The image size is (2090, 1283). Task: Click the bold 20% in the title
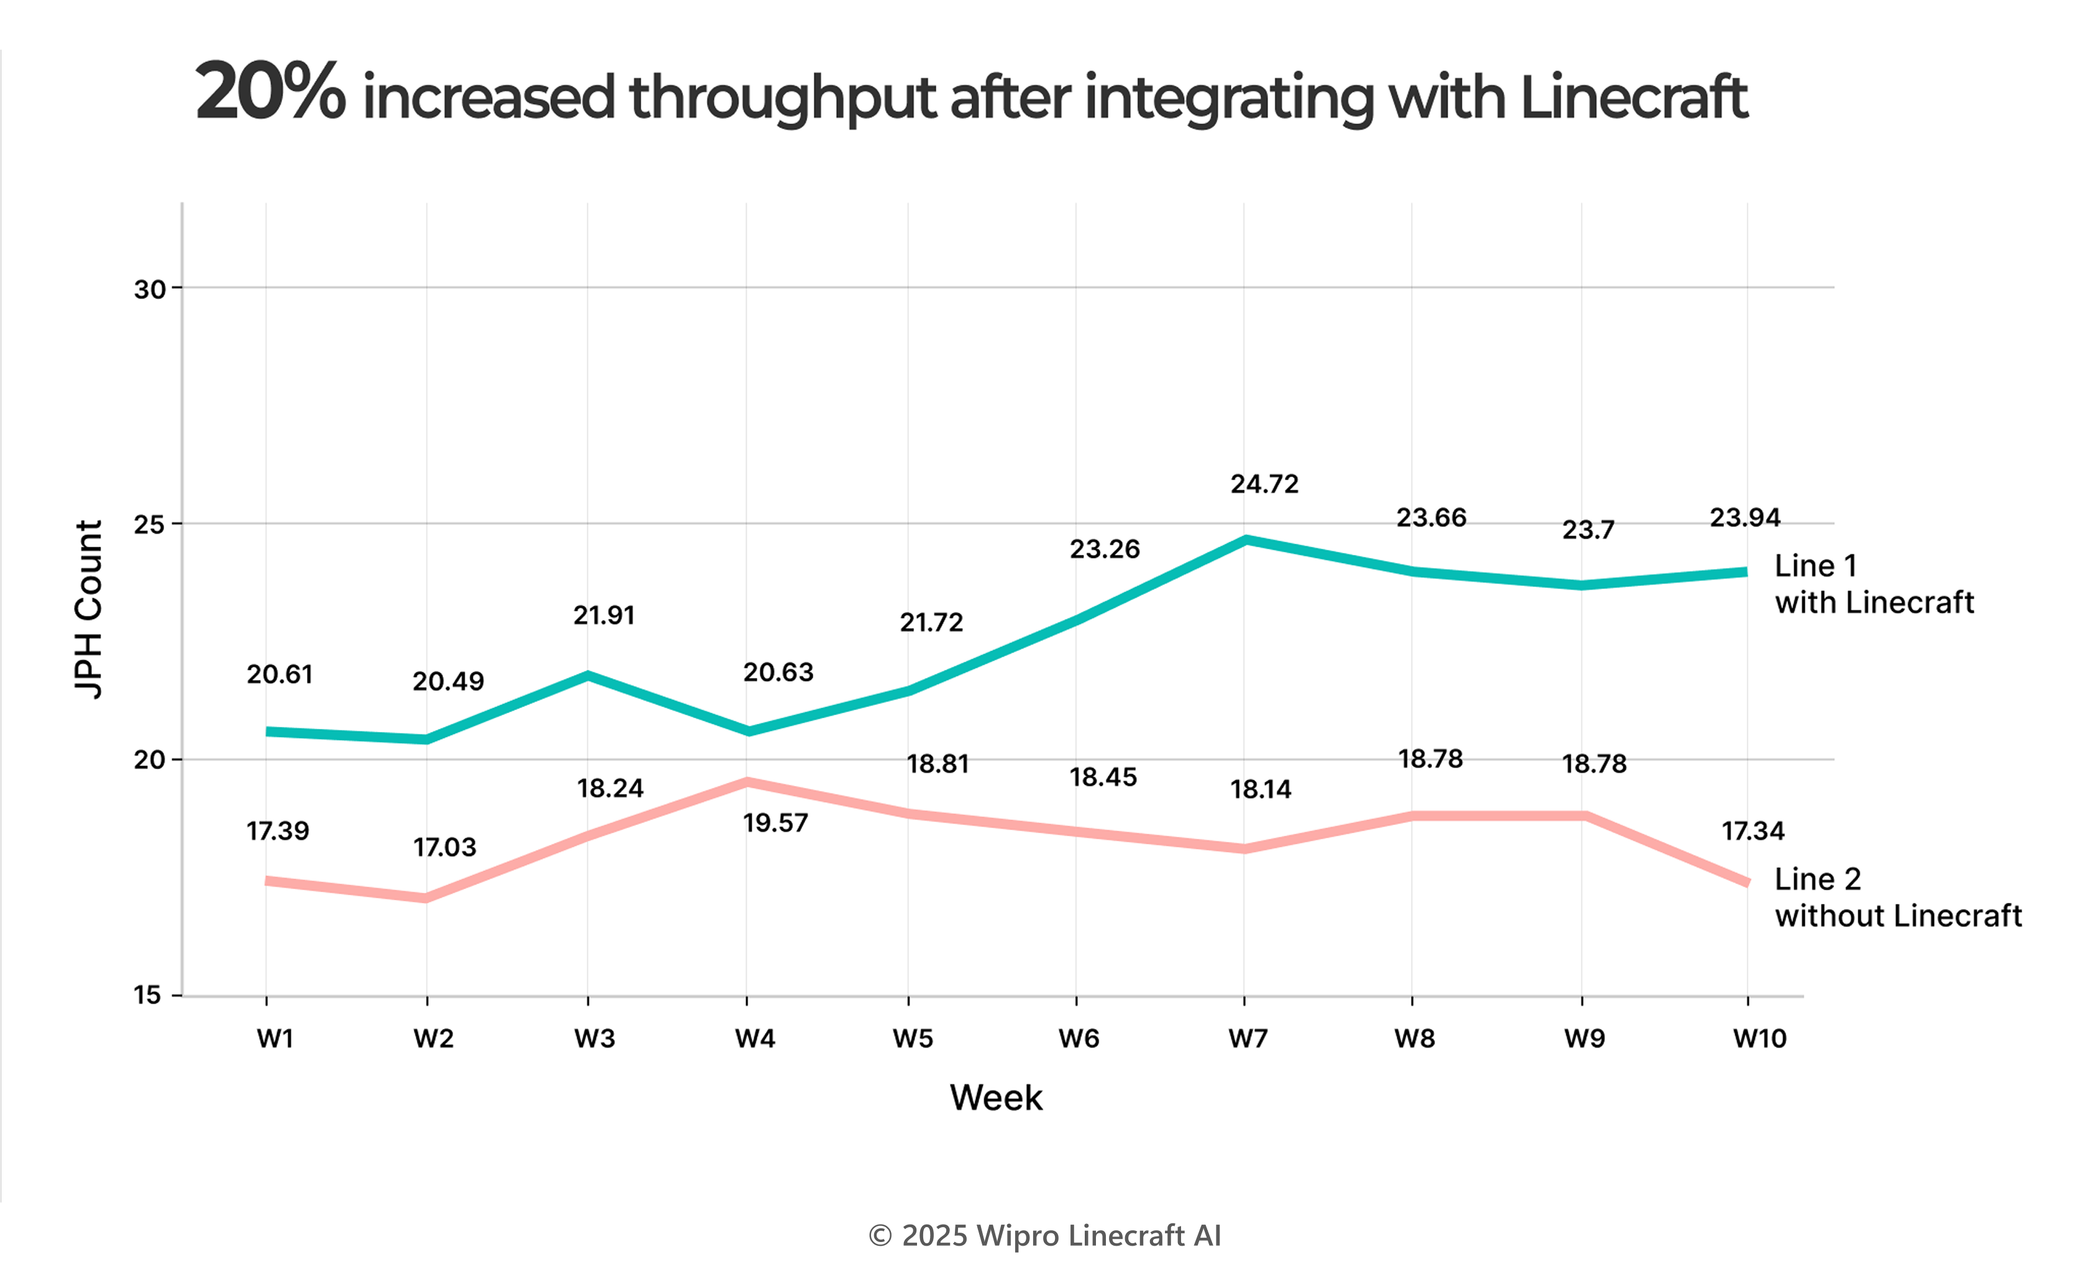(270, 93)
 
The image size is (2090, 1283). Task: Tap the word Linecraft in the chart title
(1633, 98)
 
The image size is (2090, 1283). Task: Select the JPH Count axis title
(89, 610)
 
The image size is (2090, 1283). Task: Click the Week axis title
(995, 1098)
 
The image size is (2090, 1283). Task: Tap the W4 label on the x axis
(754, 1039)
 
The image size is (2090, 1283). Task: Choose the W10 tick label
(1759, 1039)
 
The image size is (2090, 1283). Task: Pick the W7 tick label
(1248, 1039)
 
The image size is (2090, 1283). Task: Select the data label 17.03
(445, 847)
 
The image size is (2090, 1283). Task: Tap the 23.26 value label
(1104, 550)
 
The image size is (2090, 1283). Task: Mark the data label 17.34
(1752, 831)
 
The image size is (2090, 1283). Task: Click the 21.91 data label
(603, 615)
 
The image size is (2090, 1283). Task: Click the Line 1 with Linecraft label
(1874, 584)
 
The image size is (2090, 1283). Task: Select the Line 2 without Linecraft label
(1897, 897)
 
